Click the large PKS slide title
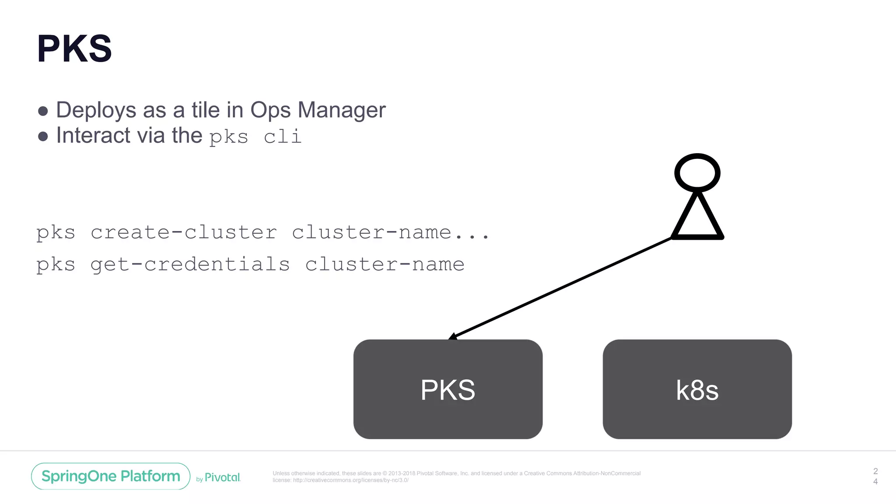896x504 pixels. pyautogui.click(x=74, y=49)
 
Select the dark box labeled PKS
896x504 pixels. pyautogui.click(x=448, y=389)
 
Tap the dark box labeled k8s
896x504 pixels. pyautogui.click(x=697, y=389)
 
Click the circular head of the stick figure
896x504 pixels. pyautogui.click(x=697, y=173)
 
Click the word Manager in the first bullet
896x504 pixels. pyautogui.click(x=341, y=110)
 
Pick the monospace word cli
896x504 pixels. pyautogui.click(x=283, y=136)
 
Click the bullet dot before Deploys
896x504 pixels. pyautogui.click(x=43, y=111)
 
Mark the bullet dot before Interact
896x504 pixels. pyautogui.click(x=43, y=136)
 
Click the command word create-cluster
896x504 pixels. pyautogui.click(x=184, y=232)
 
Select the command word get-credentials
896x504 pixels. pyautogui.click(x=190, y=265)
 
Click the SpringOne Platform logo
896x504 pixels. pyautogui.click(x=111, y=476)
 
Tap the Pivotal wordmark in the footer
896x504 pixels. pyautogui.click(x=222, y=477)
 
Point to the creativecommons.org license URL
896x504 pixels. pyautogui.click(x=350, y=480)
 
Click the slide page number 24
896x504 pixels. pyautogui.click(x=875, y=476)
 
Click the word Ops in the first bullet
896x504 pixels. pyautogui.click(x=270, y=111)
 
